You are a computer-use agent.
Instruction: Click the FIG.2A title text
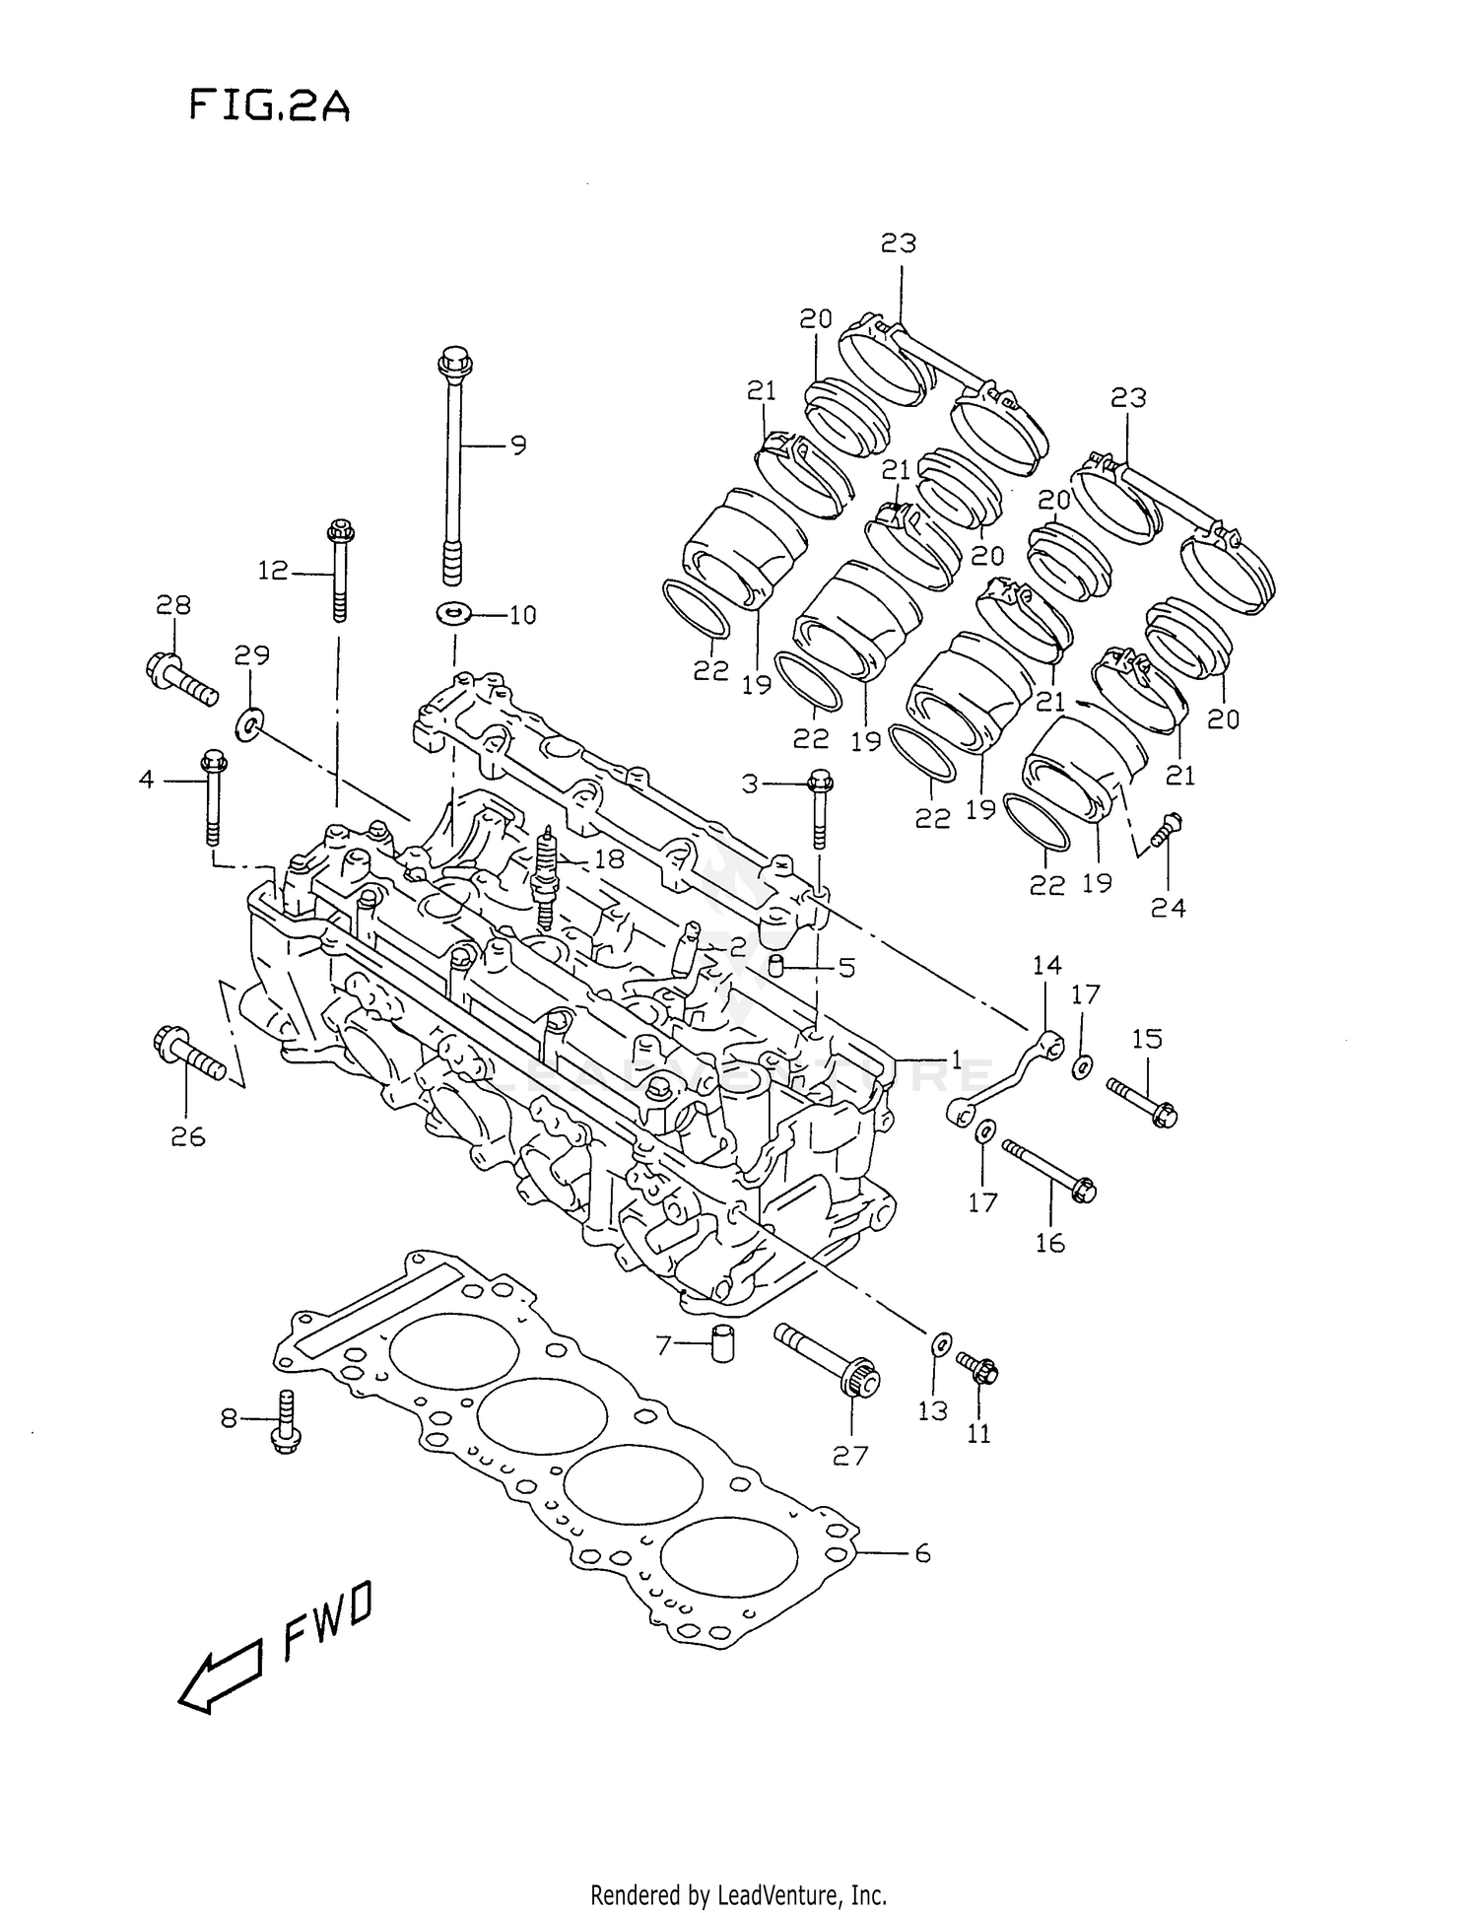click(269, 104)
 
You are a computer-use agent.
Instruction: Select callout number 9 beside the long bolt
click(518, 445)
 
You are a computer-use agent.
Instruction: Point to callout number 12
click(273, 570)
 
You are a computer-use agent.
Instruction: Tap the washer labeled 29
click(249, 726)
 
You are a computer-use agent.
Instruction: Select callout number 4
click(147, 781)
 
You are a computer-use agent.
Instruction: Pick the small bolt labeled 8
click(285, 1422)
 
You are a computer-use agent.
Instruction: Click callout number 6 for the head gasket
click(922, 1553)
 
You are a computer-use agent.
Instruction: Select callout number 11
click(978, 1434)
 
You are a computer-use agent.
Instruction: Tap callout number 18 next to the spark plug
click(608, 859)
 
